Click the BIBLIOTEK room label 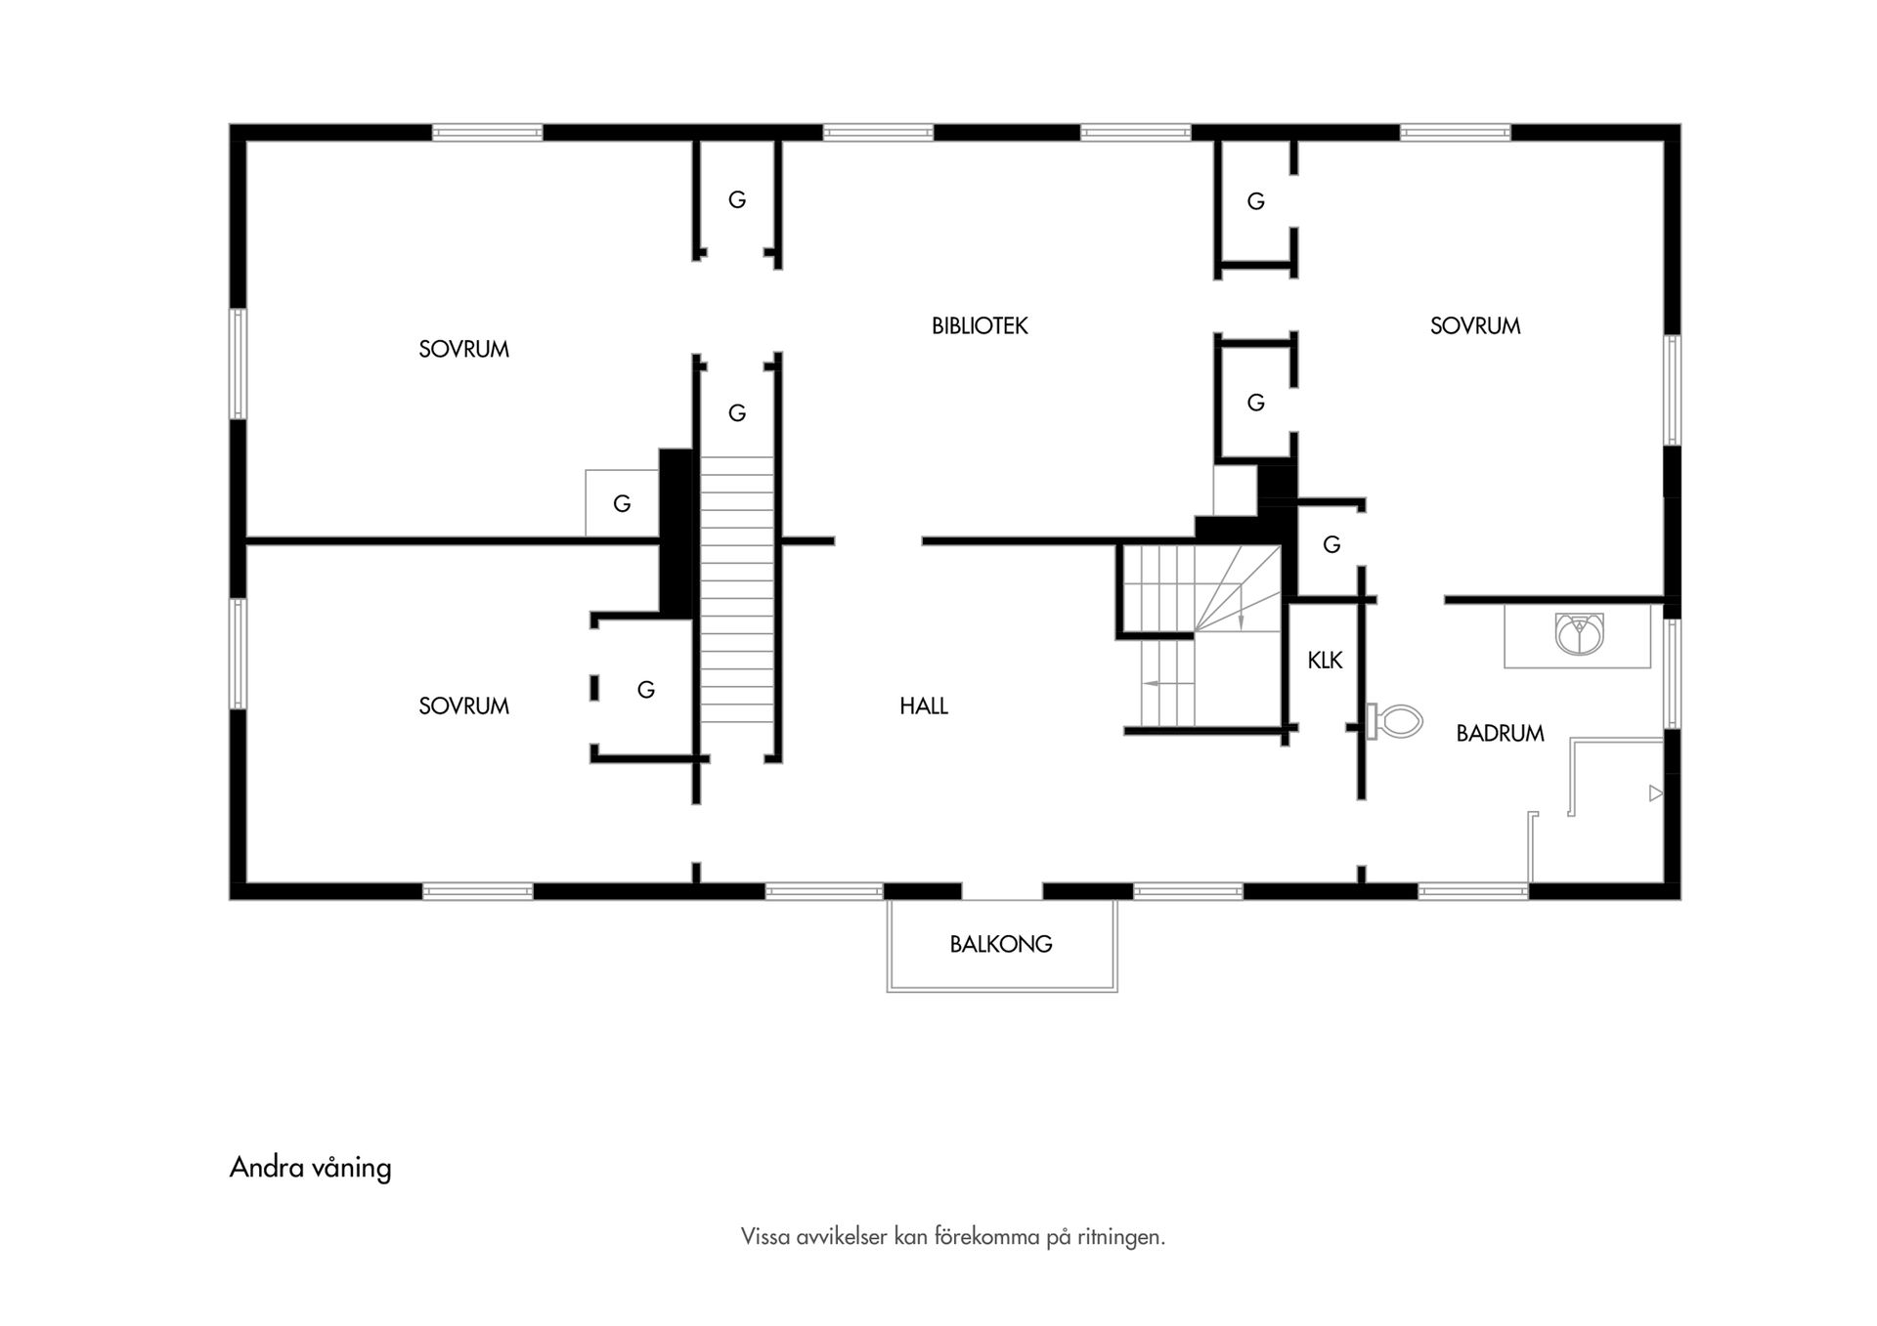point(980,326)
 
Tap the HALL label point(924,706)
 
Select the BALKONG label point(1000,945)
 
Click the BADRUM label point(1500,734)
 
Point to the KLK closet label point(1325,662)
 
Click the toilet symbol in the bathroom point(1398,722)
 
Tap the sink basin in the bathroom point(1579,634)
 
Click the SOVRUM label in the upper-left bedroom point(463,350)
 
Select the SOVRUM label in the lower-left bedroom point(463,706)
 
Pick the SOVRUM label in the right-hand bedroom point(1474,326)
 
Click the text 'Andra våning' point(310,1168)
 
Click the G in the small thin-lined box point(622,504)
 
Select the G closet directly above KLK point(1331,545)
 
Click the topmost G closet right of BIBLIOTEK point(1255,202)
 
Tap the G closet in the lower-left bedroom point(645,690)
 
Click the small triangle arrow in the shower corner point(1655,793)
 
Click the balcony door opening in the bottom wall point(1002,891)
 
